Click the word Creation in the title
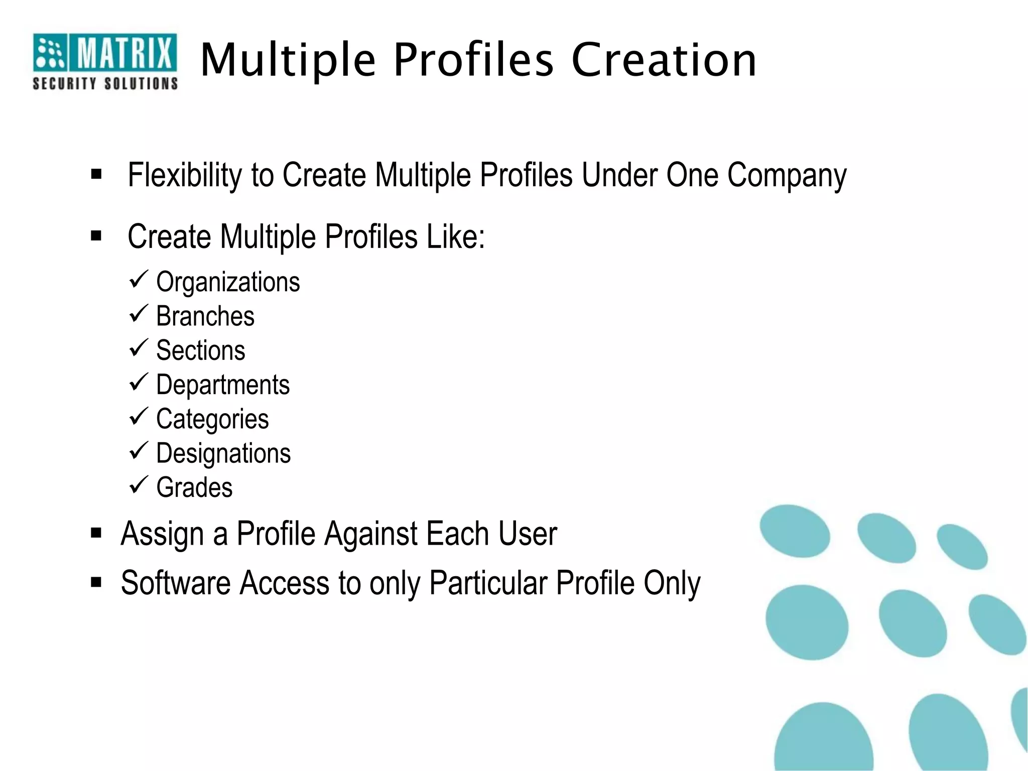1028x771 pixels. (x=664, y=60)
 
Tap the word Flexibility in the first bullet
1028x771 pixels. (x=184, y=175)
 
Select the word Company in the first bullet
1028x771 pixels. (x=787, y=176)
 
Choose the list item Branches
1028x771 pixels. (x=205, y=316)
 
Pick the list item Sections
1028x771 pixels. (x=201, y=350)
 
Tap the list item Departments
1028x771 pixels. (x=223, y=385)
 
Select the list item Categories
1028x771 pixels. (x=212, y=420)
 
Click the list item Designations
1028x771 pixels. (x=223, y=454)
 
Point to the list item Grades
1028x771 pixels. (x=194, y=488)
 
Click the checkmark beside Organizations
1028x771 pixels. (x=138, y=279)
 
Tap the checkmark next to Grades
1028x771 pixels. (x=138, y=485)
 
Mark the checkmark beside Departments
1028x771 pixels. (x=138, y=382)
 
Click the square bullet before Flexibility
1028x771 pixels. (x=96, y=175)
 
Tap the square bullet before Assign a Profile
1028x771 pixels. (x=96, y=533)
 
